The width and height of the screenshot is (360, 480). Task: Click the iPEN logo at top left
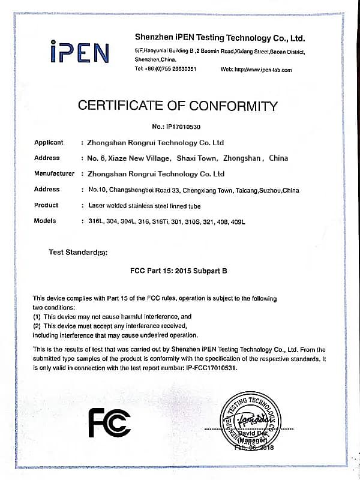tap(79, 53)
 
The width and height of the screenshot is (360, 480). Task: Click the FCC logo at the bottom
tap(109, 424)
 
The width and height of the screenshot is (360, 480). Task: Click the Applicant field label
tap(49, 143)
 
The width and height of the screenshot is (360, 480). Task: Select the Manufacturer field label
tap(54, 174)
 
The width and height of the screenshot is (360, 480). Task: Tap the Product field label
tap(46, 205)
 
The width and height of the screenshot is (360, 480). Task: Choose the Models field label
tap(45, 221)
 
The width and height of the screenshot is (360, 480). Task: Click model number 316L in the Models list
tap(96, 221)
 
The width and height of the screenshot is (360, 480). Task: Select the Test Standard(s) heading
tap(78, 253)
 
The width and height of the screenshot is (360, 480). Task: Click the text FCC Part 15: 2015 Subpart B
tap(179, 271)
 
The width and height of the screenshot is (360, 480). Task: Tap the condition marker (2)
tap(37, 325)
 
